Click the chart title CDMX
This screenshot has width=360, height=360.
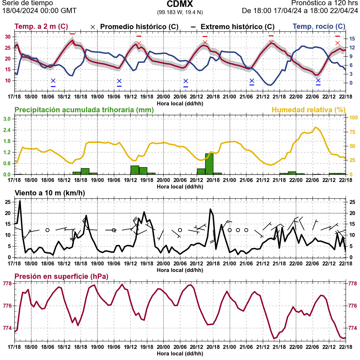(180, 4)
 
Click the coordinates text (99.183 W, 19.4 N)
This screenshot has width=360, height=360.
(180, 12)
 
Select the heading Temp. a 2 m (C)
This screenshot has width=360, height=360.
(41, 27)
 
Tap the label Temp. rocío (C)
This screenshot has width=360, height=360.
(319, 27)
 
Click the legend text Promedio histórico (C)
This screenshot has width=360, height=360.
(139, 27)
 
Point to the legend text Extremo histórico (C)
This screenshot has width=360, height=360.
(237, 27)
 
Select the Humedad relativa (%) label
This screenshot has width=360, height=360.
(308, 110)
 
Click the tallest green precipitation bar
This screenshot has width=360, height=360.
(209, 164)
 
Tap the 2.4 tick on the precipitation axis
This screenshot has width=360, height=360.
(7, 130)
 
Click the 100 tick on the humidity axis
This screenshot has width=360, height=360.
(353, 118)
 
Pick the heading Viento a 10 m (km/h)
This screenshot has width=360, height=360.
(50, 193)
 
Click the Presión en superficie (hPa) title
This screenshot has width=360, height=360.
(61, 277)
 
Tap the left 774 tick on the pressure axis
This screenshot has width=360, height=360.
(7, 328)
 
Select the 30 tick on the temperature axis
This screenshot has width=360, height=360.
(8, 37)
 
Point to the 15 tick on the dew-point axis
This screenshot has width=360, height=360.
(352, 39)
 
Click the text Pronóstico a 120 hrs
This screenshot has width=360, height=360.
(324, 3)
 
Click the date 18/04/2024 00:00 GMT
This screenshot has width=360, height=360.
(39, 11)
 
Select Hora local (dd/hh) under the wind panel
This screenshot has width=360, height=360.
(180, 270)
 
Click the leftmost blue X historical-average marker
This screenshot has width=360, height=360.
(53, 81)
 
